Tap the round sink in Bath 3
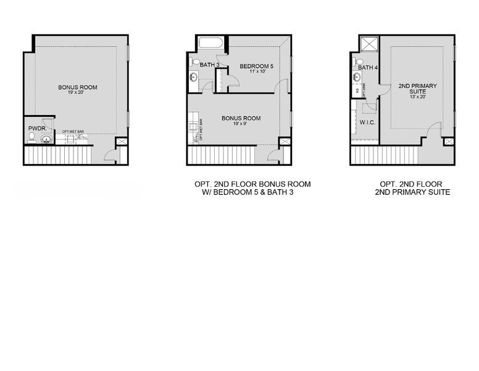tap(193, 77)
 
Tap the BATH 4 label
tap(368, 67)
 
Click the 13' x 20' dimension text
tap(413, 97)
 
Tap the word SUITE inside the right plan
tap(413, 92)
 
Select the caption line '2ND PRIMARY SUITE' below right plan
tap(412, 192)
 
